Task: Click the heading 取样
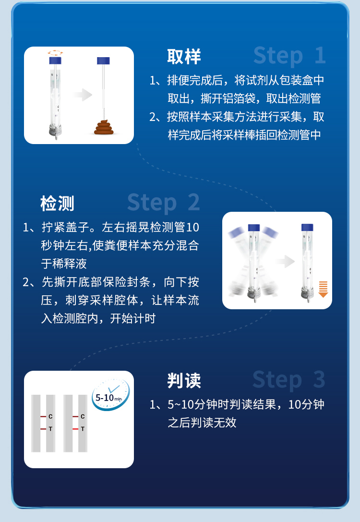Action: (x=184, y=56)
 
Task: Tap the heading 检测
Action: (x=57, y=203)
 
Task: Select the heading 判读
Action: (x=184, y=380)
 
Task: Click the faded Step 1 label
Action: (x=289, y=56)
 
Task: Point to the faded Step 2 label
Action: (x=163, y=203)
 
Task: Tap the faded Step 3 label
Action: (x=289, y=380)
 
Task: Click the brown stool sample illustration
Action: (x=104, y=128)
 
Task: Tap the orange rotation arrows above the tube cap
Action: (x=55, y=52)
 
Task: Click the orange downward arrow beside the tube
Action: (x=323, y=289)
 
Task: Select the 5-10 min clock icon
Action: (x=111, y=394)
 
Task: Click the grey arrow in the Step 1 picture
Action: (x=83, y=95)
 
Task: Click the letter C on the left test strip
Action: (x=50, y=416)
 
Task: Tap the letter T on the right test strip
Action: (x=83, y=429)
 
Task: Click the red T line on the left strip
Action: (x=43, y=429)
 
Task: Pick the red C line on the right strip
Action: (x=75, y=416)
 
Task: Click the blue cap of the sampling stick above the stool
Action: (x=104, y=61)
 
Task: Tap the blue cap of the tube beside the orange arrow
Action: (x=307, y=227)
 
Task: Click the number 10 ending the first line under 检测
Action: (x=192, y=227)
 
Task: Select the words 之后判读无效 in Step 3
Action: (x=202, y=423)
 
